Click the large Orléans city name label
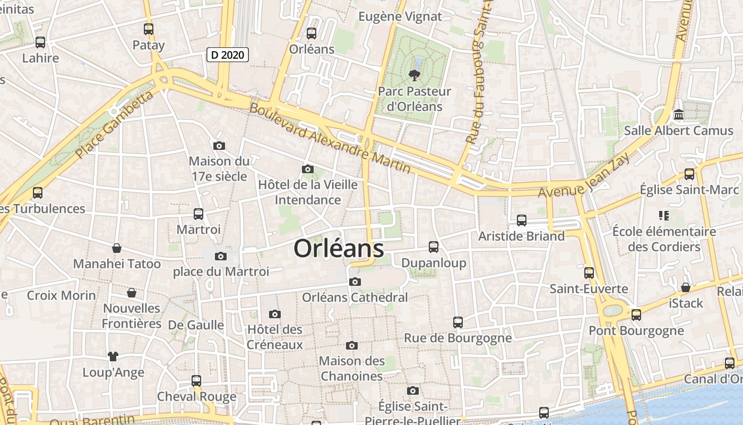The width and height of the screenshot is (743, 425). (x=339, y=248)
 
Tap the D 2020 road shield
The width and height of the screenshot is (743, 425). (x=227, y=54)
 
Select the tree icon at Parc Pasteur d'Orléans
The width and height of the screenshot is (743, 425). (x=414, y=75)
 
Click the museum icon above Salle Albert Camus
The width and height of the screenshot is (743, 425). (x=678, y=115)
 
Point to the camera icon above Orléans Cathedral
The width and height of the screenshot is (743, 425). (x=355, y=282)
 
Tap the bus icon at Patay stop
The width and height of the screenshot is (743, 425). (x=149, y=29)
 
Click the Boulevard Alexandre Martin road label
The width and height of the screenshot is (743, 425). (x=330, y=138)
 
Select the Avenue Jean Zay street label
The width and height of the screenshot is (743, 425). (x=584, y=176)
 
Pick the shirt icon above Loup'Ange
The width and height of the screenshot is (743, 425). (x=113, y=356)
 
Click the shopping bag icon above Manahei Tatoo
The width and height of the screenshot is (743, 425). (x=117, y=248)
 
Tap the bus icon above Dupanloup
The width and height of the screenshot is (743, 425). (x=434, y=247)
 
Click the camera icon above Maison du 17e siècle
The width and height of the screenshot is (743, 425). (x=219, y=146)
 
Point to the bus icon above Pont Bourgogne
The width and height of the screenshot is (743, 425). (x=636, y=315)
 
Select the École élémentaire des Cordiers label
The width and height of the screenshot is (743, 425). (x=664, y=239)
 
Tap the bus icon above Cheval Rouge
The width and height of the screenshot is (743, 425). (x=196, y=381)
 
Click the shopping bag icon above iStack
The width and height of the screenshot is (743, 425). (x=686, y=287)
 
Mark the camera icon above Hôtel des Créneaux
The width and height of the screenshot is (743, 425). (x=274, y=314)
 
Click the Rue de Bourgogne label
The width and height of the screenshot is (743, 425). (x=457, y=338)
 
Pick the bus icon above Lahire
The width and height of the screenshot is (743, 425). (x=40, y=42)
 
